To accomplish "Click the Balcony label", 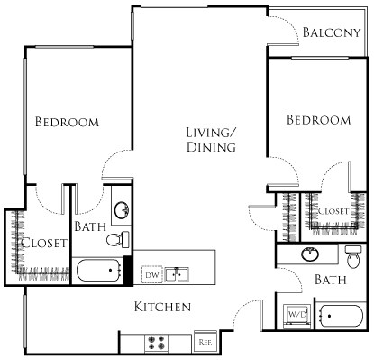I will coord(331,33).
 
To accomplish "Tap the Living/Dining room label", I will coord(211,141).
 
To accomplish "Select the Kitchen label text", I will coord(162,308).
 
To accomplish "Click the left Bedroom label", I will coord(67,121).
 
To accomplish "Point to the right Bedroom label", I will coord(318,120).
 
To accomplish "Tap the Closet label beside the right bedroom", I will coord(333,210).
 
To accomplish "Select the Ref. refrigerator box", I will coord(205,342).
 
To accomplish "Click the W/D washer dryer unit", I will coord(296,316).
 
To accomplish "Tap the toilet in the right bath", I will coord(352,251).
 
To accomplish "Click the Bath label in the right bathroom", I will coord(331,281).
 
